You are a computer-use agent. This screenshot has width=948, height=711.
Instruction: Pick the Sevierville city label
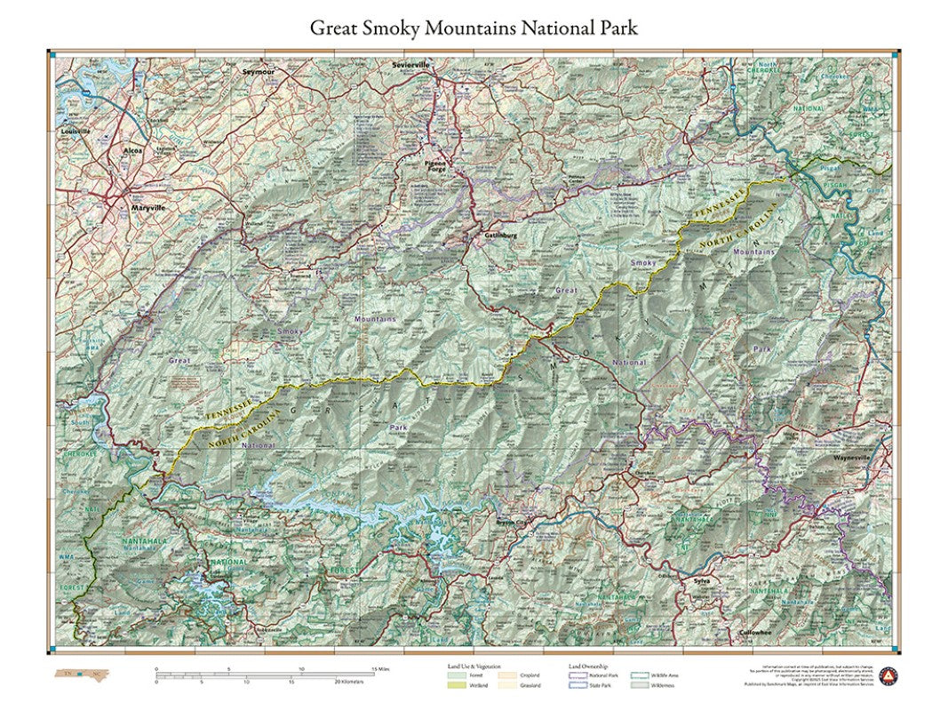(x=410, y=66)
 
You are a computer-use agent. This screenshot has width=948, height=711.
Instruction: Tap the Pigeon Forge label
(x=435, y=167)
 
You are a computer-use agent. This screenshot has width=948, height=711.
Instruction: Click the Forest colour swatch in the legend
(x=454, y=676)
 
